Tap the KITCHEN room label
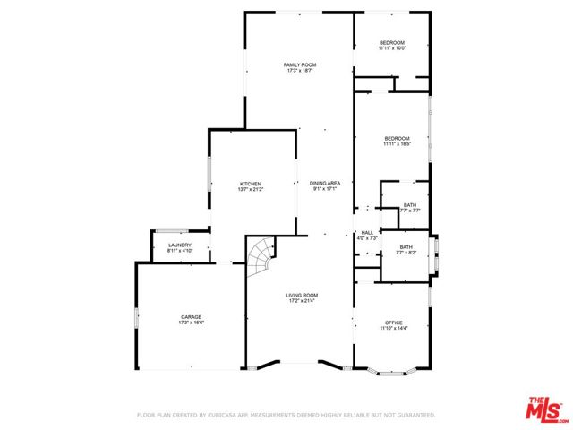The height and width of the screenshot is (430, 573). pos(250,184)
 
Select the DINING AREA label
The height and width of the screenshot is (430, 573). pos(325,184)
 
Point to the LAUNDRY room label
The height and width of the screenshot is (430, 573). pos(179,245)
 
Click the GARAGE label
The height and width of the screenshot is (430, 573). pos(191,316)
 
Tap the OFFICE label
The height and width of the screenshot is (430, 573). pos(394,322)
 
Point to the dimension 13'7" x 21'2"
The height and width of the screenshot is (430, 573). pos(250,190)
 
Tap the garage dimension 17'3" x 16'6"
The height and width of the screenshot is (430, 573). pos(191,322)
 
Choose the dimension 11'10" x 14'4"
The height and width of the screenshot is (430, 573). pos(394,329)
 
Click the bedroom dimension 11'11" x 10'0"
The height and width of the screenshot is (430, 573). pos(392,48)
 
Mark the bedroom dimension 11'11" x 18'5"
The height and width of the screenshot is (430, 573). pos(397,144)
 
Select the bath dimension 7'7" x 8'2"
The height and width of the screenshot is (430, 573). pos(406,254)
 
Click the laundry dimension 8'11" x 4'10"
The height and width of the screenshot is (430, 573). pos(179,251)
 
